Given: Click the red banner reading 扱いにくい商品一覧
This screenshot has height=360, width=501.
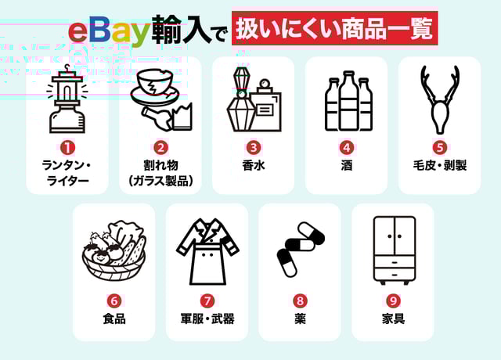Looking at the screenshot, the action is (x=335, y=28).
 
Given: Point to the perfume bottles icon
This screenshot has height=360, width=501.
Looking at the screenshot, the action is (x=254, y=99).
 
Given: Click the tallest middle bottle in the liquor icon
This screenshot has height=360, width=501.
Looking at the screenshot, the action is (x=348, y=101).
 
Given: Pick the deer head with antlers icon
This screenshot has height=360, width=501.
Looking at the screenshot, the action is (x=439, y=99).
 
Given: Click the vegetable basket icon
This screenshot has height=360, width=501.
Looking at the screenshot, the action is (x=114, y=250).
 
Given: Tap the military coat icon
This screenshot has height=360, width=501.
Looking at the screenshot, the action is (x=207, y=251).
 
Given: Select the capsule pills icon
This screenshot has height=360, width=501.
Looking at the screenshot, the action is (x=301, y=249).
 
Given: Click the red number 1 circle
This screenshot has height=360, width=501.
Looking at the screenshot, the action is (x=67, y=148).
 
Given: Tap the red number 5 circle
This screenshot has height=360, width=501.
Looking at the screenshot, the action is (x=440, y=148).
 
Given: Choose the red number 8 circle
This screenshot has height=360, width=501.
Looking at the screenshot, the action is (x=300, y=301).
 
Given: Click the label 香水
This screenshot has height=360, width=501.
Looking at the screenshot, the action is (x=254, y=165).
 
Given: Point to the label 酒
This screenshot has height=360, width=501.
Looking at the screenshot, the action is (x=347, y=165).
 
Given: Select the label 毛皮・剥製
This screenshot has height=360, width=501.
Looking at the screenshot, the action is (x=440, y=165).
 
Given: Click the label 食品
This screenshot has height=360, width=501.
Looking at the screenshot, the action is (x=114, y=319).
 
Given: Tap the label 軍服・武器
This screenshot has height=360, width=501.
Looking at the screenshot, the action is (x=207, y=319).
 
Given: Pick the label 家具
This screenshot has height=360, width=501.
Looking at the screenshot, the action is (x=393, y=319).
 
